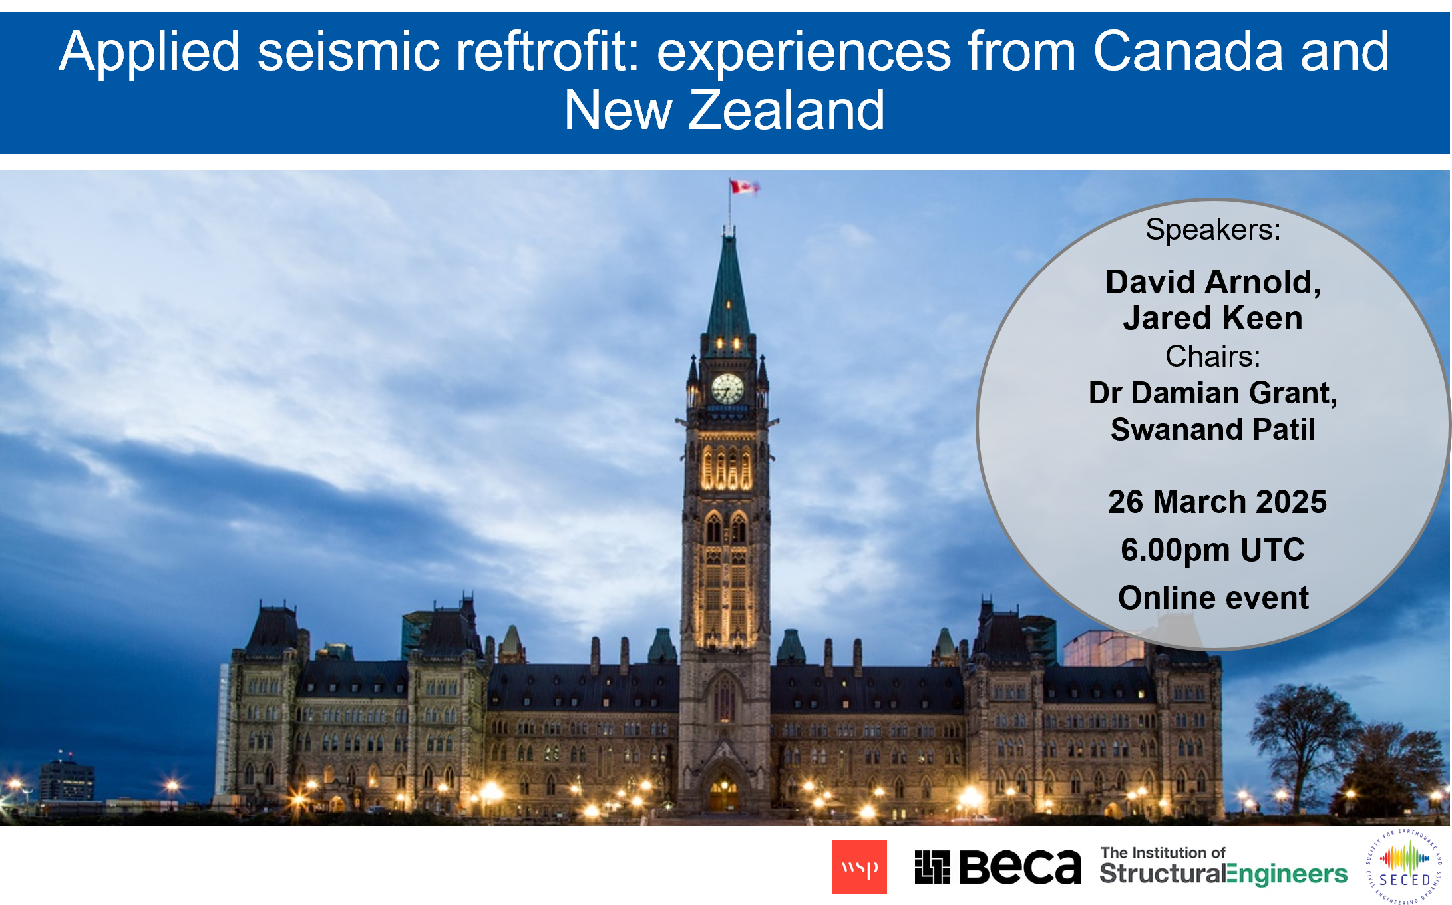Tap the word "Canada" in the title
point(1187,52)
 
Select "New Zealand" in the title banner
point(725,110)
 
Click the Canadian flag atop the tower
point(744,186)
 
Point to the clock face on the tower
point(727,388)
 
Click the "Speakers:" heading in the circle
point(1213,230)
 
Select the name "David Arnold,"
point(1213,283)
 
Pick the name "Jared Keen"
point(1213,318)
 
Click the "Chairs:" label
point(1213,357)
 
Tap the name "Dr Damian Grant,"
point(1213,393)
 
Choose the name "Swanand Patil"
point(1213,429)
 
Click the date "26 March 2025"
point(1217,502)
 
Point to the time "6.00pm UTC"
point(1213,550)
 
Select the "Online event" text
point(1213,598)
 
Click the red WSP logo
point(859,867)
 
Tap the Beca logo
point(998,868)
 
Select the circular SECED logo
point(1404,866)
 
